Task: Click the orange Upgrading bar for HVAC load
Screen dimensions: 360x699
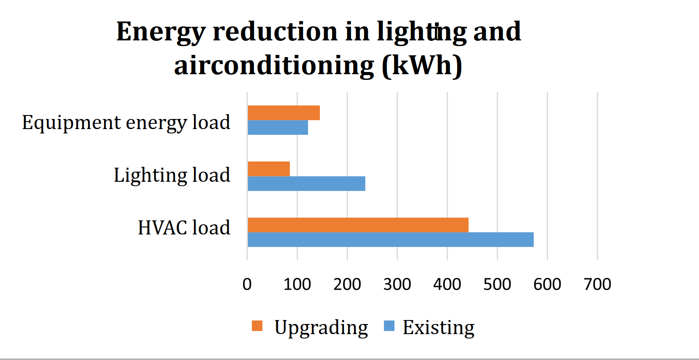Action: pos(358,225)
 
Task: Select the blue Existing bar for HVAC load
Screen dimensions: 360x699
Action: pos(391,240)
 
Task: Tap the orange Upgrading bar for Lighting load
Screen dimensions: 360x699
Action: pos(269,169)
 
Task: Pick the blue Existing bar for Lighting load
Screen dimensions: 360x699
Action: pos(306,184)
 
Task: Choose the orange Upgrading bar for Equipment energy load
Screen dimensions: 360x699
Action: pos(283,113)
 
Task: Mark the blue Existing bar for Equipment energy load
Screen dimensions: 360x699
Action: pos(278,127)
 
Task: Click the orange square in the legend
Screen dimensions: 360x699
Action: pos(257,326)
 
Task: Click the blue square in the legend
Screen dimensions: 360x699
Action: pos(389,326)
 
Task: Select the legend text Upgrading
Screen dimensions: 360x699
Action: pos(321,328)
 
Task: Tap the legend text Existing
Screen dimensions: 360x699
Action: pos(438,328)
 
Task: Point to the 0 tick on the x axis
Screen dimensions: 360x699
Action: pos(247,284)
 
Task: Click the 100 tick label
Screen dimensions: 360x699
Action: pos(297,284)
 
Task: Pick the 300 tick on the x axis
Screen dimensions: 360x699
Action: pos(397,284)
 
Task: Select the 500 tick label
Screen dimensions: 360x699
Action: pos(497,284)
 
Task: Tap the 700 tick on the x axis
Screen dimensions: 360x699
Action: pos(597,284)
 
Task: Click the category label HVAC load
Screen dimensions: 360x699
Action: pos(184,228)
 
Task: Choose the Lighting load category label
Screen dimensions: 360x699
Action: pos(172,175)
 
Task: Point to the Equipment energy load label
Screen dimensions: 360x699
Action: pos(126,122)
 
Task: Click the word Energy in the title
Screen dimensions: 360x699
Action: pos(161,32)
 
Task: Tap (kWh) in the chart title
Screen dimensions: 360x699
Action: pos(422,66)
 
